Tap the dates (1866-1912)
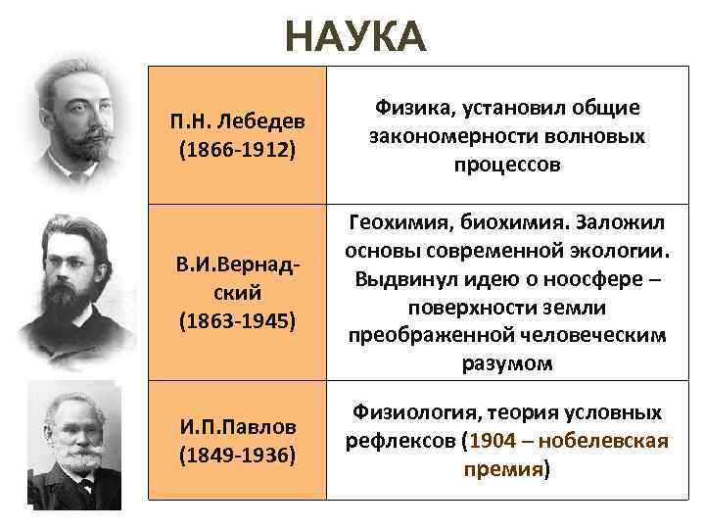237,152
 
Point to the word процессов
507,164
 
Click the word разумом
507,364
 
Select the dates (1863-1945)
237,320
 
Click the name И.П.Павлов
237,427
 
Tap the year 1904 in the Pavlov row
492,441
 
